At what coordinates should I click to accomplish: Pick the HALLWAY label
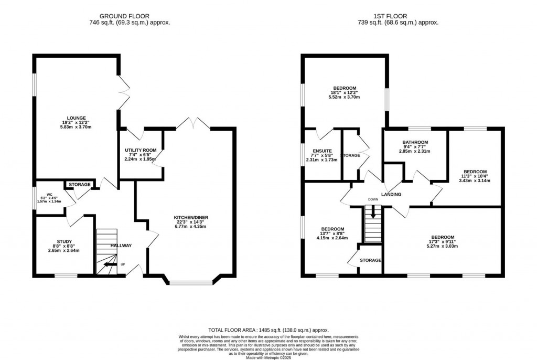[x=121, y=246]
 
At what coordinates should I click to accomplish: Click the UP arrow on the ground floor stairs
[x=110, y=264]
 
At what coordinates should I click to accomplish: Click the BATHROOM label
[x=415, y=142]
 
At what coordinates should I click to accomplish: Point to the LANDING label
[x=391, y=195]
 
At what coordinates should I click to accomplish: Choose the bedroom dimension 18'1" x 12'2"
[x=345, y=93]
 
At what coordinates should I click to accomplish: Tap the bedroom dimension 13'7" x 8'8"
[x=332, y=234]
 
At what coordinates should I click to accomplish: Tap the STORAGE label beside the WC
[x=80, y=185]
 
